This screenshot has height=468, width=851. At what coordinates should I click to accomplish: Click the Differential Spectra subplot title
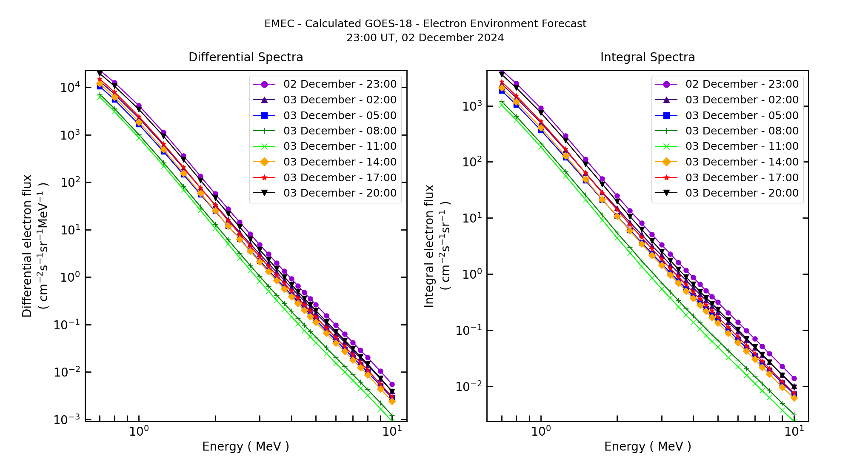pos(246,57)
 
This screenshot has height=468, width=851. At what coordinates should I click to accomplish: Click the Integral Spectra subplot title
pos(647,57)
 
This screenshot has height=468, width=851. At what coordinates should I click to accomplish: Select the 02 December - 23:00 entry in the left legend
pos(340,84)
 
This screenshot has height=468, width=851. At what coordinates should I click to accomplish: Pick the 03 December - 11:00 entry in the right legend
pos(742,146)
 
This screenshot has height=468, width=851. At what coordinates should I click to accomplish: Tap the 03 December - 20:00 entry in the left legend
pos(340,193)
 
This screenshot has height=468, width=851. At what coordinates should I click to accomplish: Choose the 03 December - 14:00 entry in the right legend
pos(742,162)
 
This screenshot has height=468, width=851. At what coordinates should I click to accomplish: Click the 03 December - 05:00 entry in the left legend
pos(340,116)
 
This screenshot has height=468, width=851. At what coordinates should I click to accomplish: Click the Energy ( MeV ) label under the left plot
pos(246,447)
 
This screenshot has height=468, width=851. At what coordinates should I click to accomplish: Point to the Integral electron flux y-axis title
pos(429,246)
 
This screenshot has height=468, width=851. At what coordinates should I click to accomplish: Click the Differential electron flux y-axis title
pos(27,246)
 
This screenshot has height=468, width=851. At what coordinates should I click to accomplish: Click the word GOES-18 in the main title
pos(391,24)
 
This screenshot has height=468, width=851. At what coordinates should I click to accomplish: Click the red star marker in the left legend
pos(264,177)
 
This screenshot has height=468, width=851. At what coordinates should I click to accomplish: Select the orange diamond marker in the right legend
pos(666,162)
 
